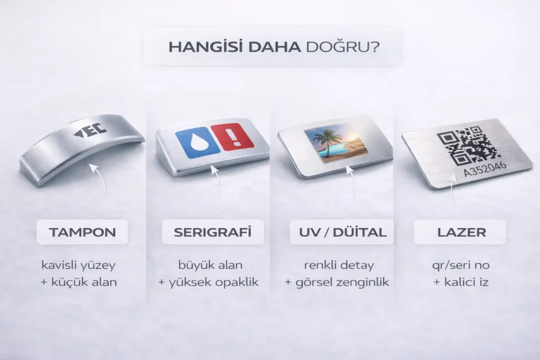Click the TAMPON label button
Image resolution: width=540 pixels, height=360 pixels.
(x=82, y=232)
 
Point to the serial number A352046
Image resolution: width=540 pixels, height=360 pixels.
(x=485, y=170)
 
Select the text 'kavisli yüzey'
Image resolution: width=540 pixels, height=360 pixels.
(x=79, y=264)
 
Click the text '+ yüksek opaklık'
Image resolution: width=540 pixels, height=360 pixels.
(x=208, y=282)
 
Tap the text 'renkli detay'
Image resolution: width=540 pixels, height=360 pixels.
(x=337, y=264)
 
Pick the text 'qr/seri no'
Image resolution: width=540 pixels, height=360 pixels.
(x=460, y=264)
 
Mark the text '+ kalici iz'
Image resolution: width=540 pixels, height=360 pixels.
(x=460, y=282)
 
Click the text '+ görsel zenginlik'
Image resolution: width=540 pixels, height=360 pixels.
(x=337, y=282)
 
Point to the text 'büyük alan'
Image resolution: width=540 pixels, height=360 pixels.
(x=208, y=264)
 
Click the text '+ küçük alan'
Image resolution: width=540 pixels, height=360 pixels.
(x=79, y=282)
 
